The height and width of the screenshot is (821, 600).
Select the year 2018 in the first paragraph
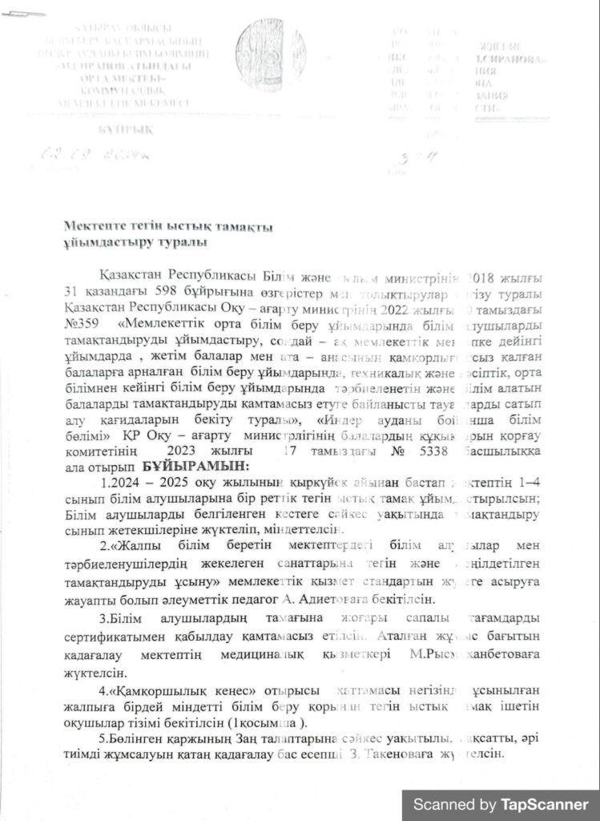486,277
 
